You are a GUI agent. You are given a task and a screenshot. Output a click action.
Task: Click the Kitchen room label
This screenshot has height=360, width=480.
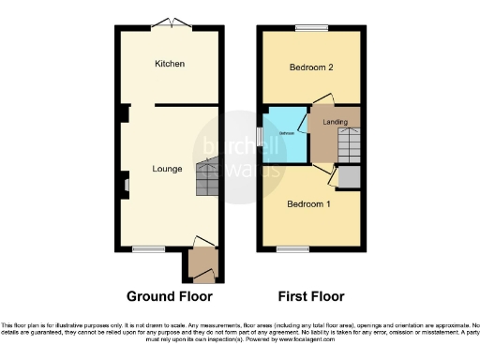point(171,64)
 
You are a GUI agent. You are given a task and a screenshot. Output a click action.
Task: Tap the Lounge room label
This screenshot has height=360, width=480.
point(168,169)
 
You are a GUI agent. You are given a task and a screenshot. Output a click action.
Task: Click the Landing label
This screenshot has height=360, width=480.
point(336,122)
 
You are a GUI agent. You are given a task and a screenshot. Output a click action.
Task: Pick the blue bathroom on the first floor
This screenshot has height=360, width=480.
point(286,134)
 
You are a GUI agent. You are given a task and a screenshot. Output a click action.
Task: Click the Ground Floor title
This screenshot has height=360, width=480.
point(169,295)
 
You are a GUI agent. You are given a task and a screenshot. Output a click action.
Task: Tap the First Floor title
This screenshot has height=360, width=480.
point(310,295)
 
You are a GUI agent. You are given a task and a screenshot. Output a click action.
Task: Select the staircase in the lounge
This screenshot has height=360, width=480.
point(208,177)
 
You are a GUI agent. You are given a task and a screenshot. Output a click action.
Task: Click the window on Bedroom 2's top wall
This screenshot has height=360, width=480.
point(308,27)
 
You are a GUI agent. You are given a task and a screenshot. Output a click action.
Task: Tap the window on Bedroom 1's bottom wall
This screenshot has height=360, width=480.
point(292,249)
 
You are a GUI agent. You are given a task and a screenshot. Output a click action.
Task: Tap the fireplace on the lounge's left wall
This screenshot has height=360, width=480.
point(123,185)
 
